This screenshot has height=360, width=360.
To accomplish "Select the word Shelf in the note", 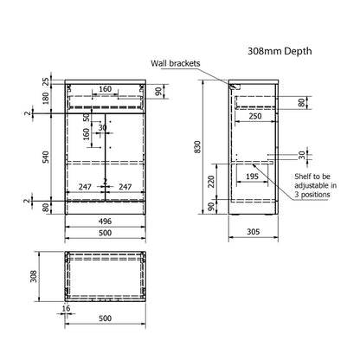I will [305, 176].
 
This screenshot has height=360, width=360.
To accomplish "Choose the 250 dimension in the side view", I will [254, 115].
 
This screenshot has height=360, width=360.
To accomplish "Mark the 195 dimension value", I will [250, 177].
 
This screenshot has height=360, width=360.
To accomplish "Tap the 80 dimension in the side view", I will [301, 102].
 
